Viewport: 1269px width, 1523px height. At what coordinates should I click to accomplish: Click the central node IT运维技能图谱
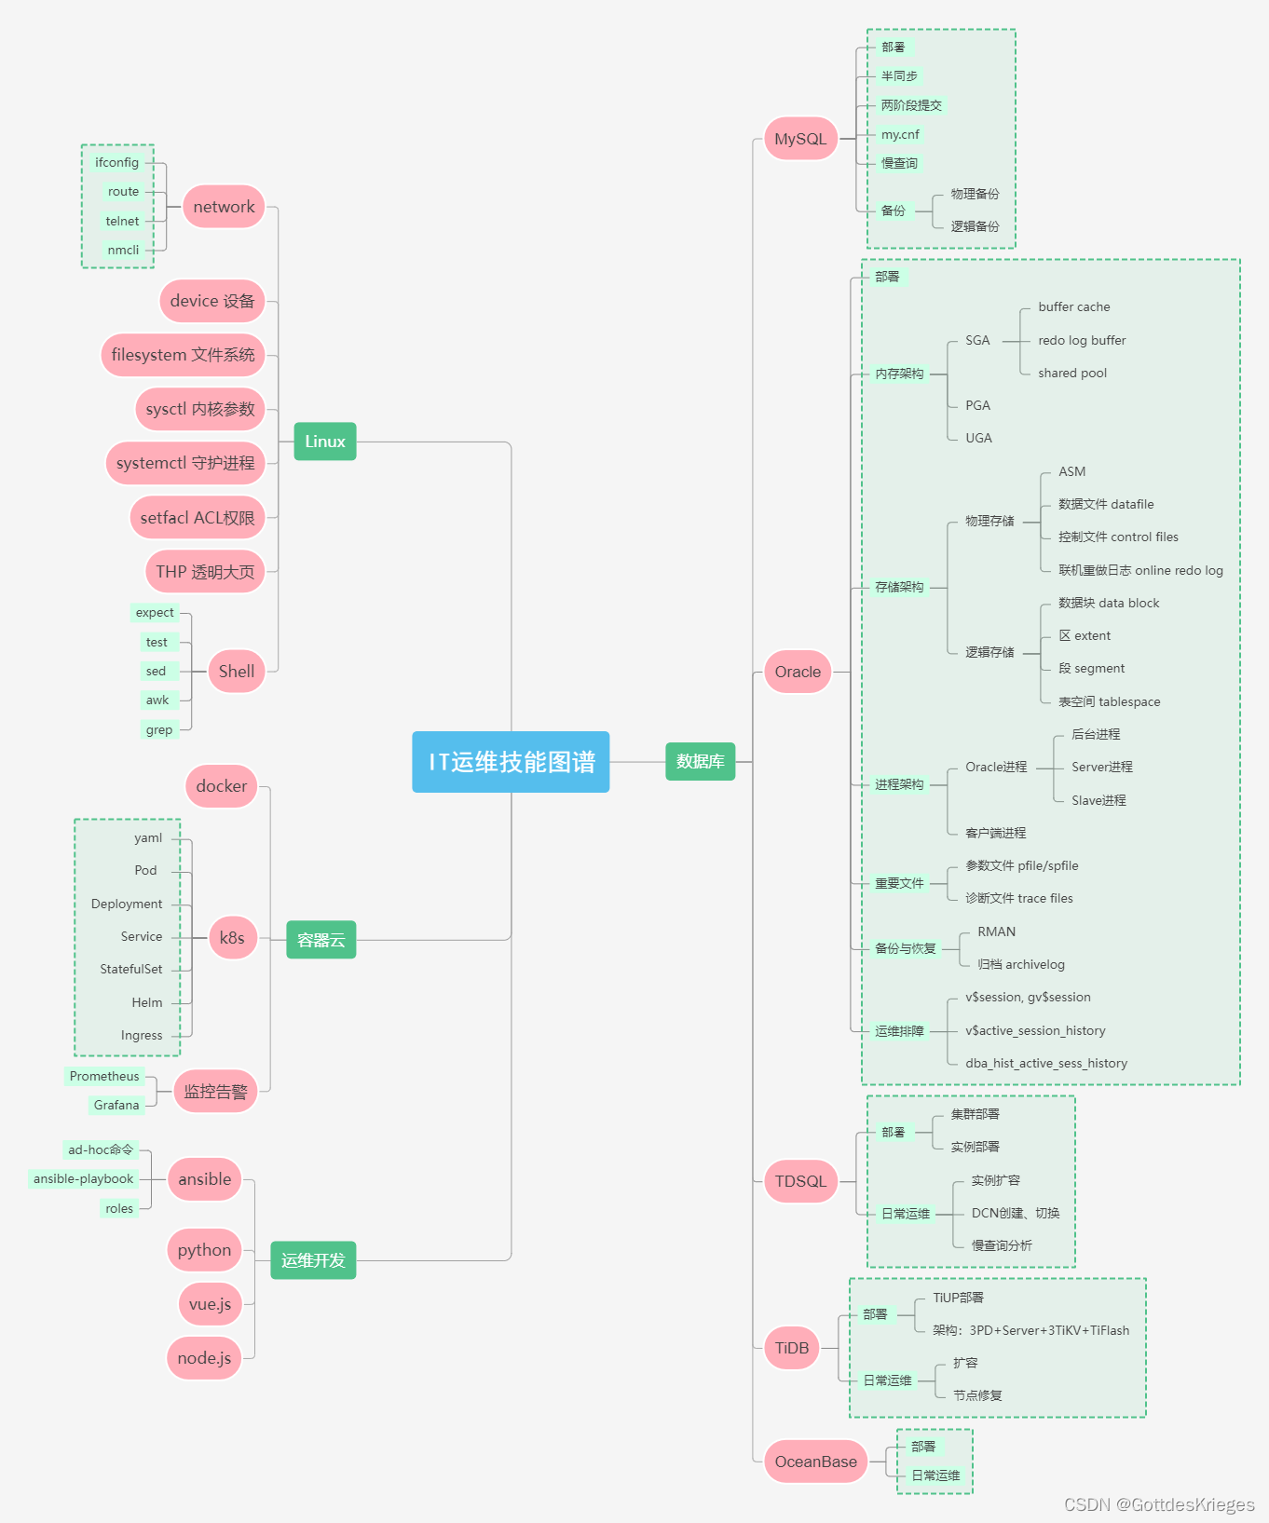[511, 762]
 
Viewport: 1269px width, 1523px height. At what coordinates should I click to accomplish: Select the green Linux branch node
[325, 442]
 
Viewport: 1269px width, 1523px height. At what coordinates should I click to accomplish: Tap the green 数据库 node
[700, 762]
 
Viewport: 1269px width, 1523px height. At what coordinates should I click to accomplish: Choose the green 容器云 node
[321, 940]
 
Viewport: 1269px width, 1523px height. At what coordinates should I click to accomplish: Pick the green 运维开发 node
[313, 1260]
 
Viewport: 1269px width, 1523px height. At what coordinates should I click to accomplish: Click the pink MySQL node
[800, 139]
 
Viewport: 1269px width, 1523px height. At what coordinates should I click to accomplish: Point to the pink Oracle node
[798, 672]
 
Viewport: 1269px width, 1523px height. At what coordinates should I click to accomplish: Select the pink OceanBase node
[815, 1462]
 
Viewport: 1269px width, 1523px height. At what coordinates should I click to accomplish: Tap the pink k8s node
[232, 938]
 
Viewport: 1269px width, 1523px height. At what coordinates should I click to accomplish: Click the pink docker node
[221, 786]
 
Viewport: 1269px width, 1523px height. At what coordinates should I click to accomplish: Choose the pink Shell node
[237, 672]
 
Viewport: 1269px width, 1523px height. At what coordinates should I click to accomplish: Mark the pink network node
[224, 207]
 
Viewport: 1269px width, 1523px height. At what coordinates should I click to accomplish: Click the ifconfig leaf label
[116, 163]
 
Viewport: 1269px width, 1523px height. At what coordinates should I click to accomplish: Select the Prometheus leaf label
[104, 1077]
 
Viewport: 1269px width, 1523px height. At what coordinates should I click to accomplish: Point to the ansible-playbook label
[84, 1179]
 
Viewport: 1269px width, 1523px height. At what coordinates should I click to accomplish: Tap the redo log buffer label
[1082, 341]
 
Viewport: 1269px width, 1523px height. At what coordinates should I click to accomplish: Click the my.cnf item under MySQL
[900, 135]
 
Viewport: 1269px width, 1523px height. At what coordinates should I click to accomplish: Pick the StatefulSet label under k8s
[131, 970]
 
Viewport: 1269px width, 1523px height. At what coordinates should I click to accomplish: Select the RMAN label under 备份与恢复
[996, 932]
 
